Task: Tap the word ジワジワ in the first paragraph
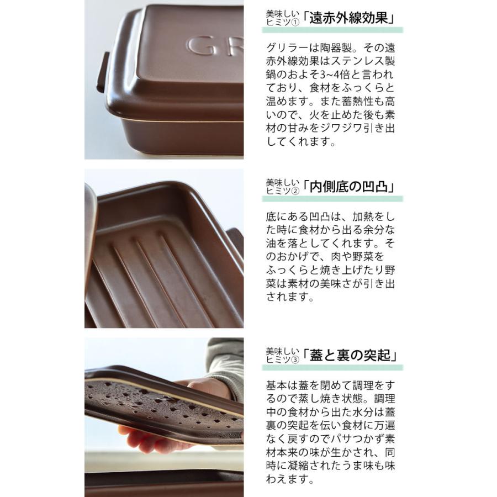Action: (x=342, y=128)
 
